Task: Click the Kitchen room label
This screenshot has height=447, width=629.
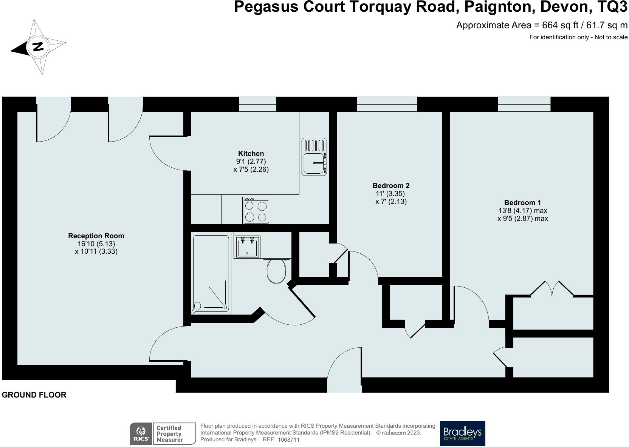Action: pos(251,153)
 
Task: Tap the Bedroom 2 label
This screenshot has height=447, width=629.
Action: pos(391,185)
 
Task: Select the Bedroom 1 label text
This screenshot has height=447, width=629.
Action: pos(522,202)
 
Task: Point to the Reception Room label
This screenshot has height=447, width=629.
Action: pos(96,236)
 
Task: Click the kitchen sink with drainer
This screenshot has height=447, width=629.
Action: pos(314,157)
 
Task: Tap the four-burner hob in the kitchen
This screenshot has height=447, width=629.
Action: pos(256,210)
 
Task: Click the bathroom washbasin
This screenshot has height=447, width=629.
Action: pos(247,247)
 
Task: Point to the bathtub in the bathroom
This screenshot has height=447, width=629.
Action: pos(211,274)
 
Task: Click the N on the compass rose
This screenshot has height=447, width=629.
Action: pos(38,46)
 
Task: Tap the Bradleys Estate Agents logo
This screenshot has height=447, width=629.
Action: pos(462,433)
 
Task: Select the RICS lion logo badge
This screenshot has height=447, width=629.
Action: pos(141,433)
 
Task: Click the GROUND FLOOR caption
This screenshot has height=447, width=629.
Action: pos(34,395)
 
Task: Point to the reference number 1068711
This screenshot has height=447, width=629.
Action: pos(288,440)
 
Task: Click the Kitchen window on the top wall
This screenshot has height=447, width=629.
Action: pos(257,104)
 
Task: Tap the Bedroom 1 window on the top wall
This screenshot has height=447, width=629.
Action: pos(524,104)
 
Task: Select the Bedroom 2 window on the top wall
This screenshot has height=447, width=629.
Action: pos(387,104)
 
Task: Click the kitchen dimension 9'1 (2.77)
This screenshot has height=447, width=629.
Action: pos(251,161)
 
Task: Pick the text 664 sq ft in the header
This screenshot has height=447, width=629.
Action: pos(560,25)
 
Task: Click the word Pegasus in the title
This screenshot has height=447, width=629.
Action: pos(266,7)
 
